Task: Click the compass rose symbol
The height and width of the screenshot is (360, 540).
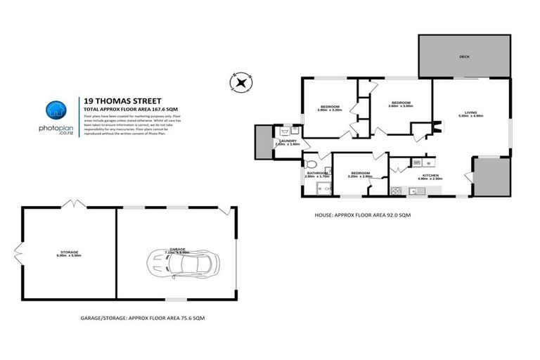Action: click(x=241, y=82)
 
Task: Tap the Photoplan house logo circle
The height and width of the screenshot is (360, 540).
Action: click(x=56, y=110)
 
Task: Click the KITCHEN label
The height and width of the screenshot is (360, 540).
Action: click(x=430, y=174)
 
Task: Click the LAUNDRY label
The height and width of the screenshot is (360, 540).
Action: click(x=289, y=141)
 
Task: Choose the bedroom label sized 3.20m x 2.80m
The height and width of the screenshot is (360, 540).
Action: click(x=359, y=174)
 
